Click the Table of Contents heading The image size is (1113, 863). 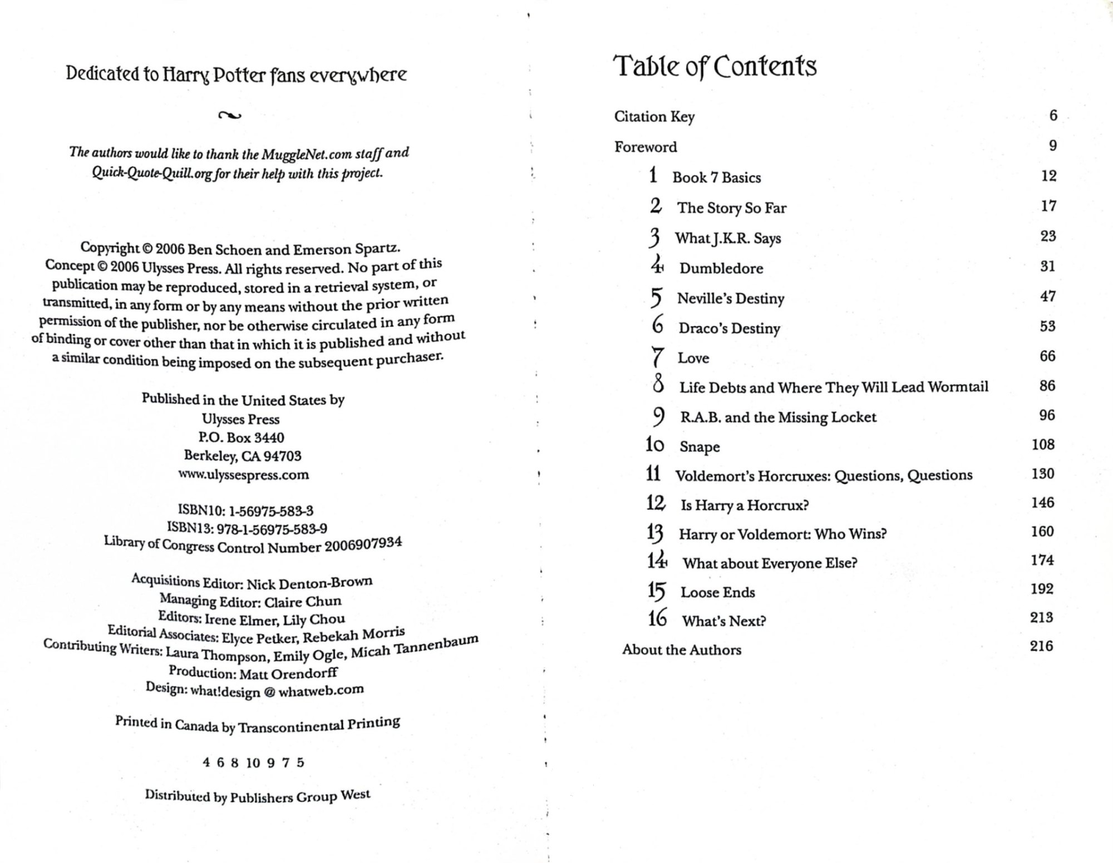(715, 67)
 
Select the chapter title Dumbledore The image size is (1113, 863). (721, 269)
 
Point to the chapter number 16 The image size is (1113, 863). (657, 618)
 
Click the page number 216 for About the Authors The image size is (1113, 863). (1041, 646)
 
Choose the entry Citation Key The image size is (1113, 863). (654, 117)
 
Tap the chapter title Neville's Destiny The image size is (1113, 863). (730, 299)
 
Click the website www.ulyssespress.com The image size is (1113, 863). (243, 475)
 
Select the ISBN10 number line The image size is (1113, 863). (245, 510)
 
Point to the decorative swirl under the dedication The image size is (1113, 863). (230, 116)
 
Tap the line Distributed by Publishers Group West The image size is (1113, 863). (257, 796)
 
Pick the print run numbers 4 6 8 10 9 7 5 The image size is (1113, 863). (253, 762)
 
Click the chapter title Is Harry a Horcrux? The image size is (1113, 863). (744, 505)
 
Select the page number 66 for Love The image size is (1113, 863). (1047, 356)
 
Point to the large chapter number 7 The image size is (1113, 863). (657, 357)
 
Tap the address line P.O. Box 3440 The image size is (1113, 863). (242, 438)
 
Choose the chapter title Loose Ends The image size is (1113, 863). (717, 592)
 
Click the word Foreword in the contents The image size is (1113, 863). (646, 147)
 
